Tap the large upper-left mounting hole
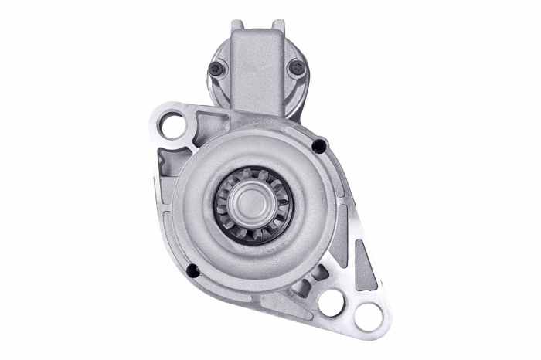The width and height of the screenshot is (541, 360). point(174,124)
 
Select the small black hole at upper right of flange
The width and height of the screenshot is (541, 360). point(318,145)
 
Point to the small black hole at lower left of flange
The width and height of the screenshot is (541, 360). point(193,270)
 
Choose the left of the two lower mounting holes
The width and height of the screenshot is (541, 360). point(332,301)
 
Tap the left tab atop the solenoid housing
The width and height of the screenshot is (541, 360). point(236,25)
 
